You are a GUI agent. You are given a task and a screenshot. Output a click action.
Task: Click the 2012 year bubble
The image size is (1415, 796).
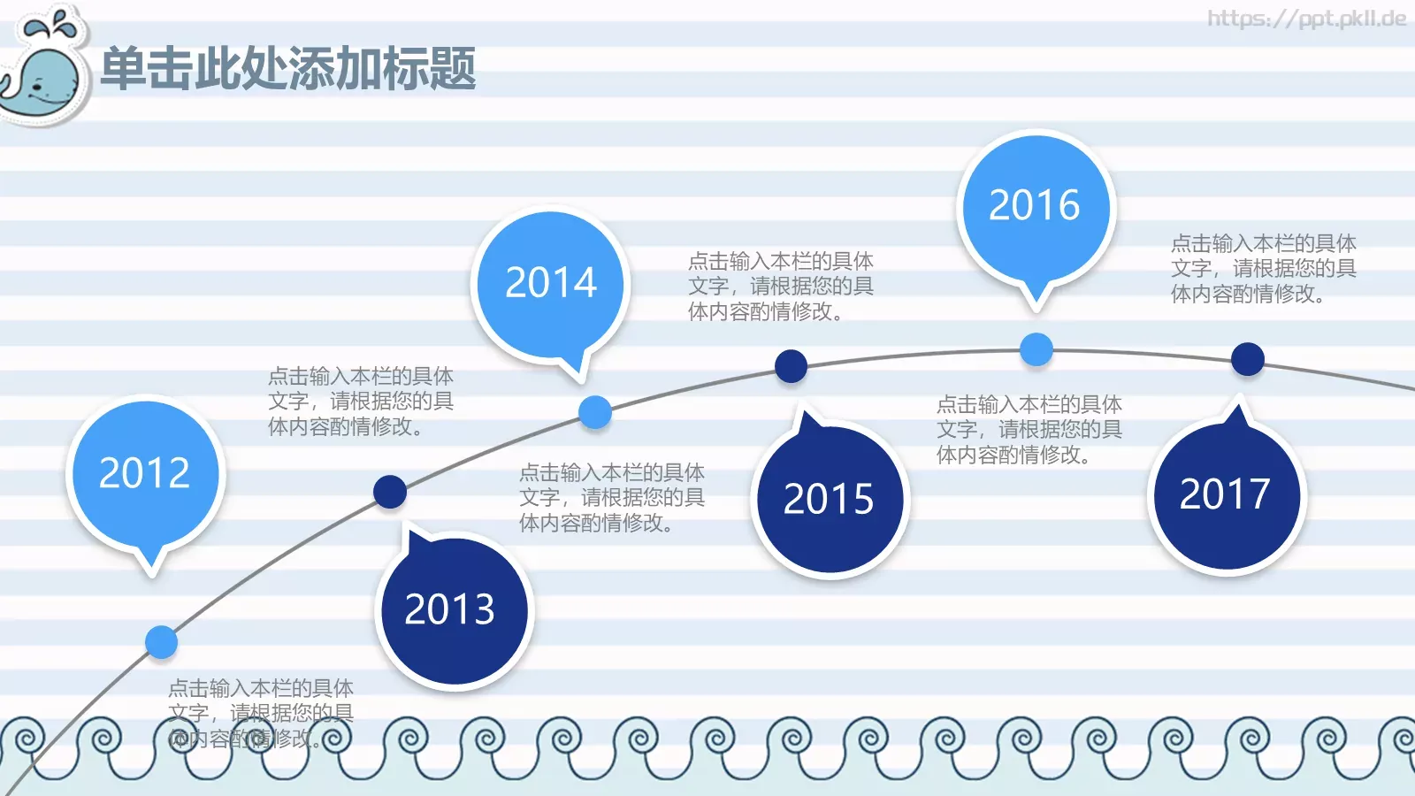[145, 473]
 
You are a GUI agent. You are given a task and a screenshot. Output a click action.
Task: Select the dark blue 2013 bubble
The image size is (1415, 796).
[451, 609]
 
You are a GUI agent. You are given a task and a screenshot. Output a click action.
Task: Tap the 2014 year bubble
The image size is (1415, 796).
[551, 283]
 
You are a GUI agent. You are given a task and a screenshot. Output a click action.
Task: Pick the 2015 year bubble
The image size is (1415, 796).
[829, 499]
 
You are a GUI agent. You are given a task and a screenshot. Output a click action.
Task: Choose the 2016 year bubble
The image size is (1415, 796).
[1035, 205]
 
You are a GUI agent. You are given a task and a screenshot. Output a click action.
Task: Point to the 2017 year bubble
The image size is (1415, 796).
[1226, 494]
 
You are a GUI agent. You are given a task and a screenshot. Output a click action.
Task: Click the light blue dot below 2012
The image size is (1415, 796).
[161, 642]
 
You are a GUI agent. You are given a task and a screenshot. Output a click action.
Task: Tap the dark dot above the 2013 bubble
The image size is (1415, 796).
[390, 492]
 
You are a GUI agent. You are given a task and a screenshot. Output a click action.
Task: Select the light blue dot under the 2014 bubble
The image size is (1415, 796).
[595, 412]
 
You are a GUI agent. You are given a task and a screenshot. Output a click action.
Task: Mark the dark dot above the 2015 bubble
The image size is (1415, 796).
[791, 366]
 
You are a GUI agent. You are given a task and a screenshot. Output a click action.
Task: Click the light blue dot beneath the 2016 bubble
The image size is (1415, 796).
[1036, 349]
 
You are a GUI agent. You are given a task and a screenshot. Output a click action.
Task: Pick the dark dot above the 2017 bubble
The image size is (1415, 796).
[1248, 359]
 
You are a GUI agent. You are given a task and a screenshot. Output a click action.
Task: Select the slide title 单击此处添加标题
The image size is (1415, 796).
[288, 69]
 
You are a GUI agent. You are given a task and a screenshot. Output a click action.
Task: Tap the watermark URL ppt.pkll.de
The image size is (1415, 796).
[1306, 19]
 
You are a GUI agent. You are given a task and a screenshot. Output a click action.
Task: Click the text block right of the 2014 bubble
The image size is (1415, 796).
[780, 287]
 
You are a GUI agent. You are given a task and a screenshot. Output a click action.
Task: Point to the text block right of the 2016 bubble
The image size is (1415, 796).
[1263, 269]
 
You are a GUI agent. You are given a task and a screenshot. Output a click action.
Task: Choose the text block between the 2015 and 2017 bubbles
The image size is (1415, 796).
[1029, 430]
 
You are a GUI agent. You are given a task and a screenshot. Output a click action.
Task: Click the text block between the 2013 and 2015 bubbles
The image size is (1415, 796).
[611, 498]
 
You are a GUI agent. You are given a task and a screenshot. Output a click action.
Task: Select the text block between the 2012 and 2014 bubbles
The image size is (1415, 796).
[361, 402]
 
